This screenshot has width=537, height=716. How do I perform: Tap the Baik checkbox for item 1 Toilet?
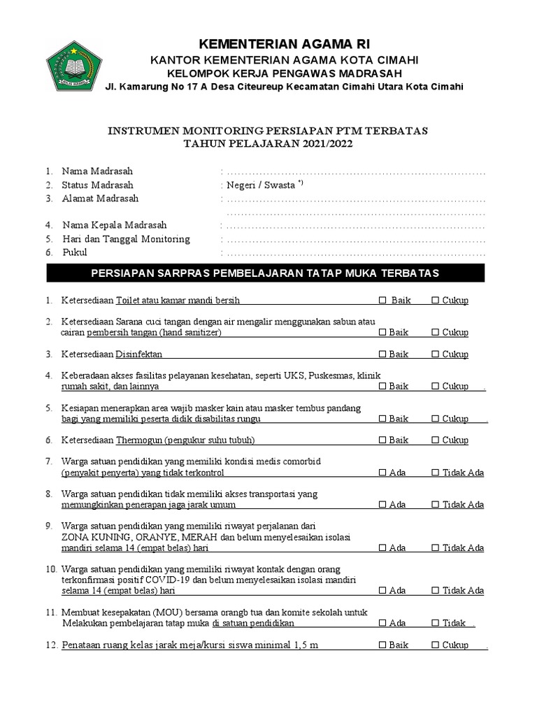coord(382,301)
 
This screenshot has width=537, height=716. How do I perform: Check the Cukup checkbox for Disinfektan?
coord(435,355)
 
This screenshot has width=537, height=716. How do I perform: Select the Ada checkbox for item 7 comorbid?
coord(382,473)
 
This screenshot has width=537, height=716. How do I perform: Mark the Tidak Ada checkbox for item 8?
coord(435,505)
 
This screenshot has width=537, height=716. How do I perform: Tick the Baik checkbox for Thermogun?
coord(382,441)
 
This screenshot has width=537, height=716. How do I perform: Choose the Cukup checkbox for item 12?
coord(435,645)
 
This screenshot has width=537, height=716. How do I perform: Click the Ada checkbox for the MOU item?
coord(382,623)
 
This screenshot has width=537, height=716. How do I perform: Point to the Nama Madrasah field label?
coord(97,171)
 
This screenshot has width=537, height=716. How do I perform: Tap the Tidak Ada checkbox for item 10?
coord(435,591)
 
